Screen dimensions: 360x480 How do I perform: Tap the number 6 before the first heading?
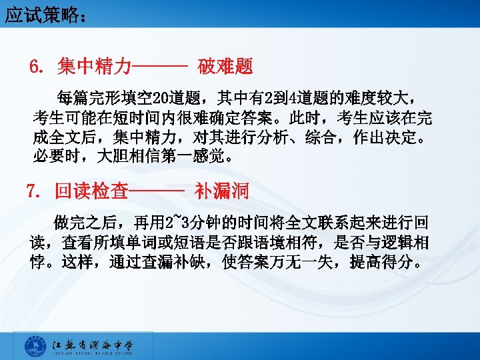(x=35, y=67)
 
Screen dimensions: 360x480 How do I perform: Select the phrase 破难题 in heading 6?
(x=225, y=67)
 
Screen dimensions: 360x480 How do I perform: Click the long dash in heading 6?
(x=160, y=67)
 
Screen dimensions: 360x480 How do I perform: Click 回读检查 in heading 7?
(x=91, y=192)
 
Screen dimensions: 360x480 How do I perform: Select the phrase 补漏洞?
(x=222, y=192)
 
